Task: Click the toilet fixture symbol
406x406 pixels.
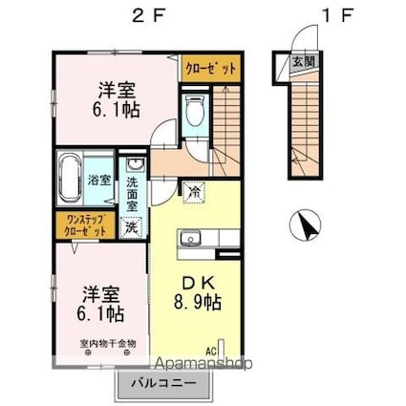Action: [x=195, y=112]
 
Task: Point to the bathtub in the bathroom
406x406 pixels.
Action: [x=73, y=179]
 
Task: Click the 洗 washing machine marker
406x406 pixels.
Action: [x=132, y=228]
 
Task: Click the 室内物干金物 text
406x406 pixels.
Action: [x=108, y=343]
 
